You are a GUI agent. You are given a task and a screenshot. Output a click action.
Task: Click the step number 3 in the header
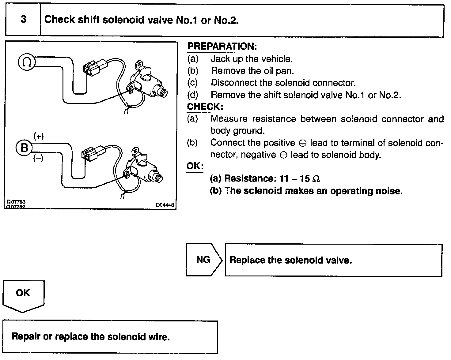(23, 20)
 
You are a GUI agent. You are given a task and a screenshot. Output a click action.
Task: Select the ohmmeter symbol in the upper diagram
(27, 62)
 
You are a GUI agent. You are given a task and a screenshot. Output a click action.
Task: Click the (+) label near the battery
(38, 136)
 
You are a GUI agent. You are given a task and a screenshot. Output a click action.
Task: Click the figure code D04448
(165, 205)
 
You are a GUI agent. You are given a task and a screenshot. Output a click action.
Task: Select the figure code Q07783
(16, 202)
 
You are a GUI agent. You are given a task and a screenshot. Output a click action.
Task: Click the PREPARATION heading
(222, 47)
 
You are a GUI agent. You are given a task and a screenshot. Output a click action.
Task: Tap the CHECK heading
(205, 107)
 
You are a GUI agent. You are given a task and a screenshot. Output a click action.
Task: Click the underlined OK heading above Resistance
(195, 166)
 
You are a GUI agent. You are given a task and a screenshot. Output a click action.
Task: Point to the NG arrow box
(203, 260)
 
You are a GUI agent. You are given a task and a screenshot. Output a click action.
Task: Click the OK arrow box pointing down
(23, 294)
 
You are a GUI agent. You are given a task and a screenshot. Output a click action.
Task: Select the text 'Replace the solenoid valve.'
(290, 260)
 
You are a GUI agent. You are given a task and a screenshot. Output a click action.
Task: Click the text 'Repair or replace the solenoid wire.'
(91, 337)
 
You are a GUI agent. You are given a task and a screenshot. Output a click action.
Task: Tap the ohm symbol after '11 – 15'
(316, 179)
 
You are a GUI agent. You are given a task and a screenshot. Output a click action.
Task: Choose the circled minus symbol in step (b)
(283, 155)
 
